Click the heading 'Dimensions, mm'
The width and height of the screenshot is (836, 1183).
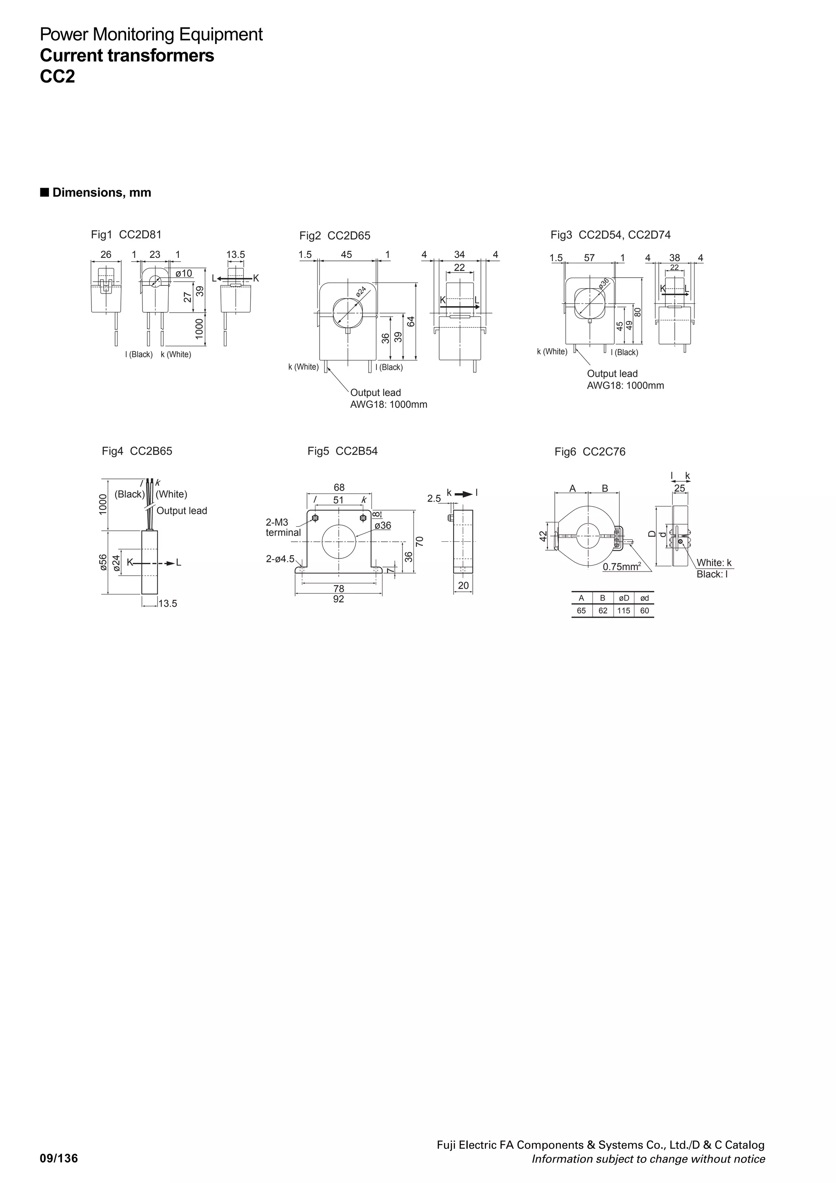coord(102,193)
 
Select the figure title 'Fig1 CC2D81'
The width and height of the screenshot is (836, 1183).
coord(126,235)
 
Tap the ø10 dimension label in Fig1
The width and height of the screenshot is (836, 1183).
coord(183,273)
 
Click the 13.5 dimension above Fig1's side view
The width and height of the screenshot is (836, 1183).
coord(236,255)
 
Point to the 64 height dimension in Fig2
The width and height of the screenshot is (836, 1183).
coord(411,321)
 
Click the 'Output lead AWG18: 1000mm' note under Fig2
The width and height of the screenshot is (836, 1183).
coord(388,399)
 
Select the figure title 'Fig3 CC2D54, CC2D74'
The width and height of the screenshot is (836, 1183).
coord(610,235)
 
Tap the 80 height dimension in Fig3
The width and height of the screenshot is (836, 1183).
coord(638,312)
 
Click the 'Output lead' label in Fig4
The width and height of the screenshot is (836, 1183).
coord(181,511)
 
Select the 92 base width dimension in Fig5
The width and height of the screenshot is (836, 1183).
coord(338,599)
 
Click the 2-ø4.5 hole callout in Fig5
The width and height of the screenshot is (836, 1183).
coord(280,559)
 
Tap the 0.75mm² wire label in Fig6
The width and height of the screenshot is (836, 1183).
coord(622,567)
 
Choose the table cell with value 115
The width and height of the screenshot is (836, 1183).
coord(623,611)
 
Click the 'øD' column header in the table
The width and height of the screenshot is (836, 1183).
coord(623,598)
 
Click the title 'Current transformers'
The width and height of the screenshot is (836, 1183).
coord(127,55)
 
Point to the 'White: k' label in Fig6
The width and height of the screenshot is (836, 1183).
coord(714,563)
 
